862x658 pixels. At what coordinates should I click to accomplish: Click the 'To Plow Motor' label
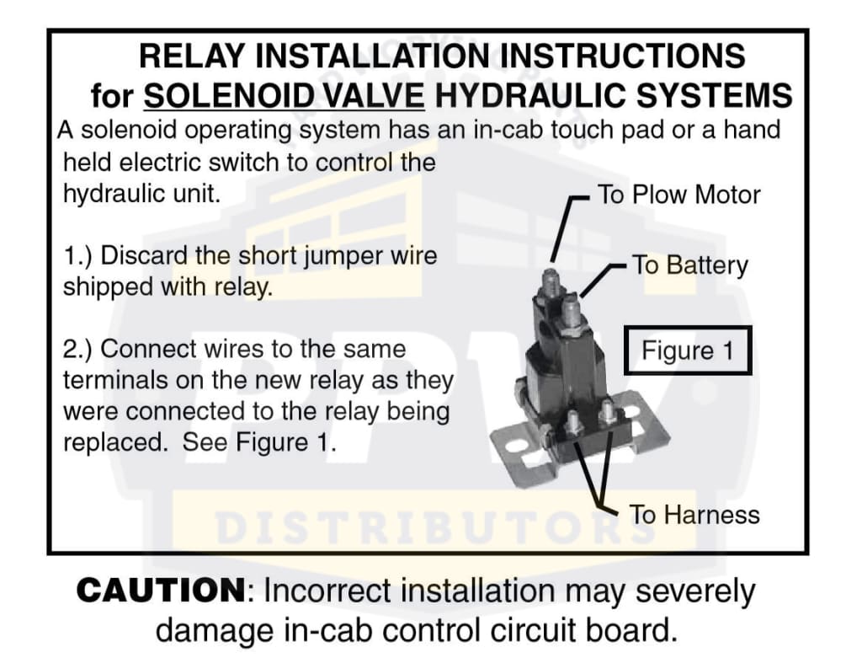click(x=678, y=195)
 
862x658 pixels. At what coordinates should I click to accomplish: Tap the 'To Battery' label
click(x=690, y=265)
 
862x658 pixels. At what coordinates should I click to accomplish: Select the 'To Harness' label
click(x=694, y=515)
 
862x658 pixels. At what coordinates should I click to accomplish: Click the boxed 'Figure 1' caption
click(x=688, y=350)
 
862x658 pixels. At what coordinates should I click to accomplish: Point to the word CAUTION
click(x=162, y=591)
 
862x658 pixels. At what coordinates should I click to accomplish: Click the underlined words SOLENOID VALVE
click(x=284, y=95)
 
